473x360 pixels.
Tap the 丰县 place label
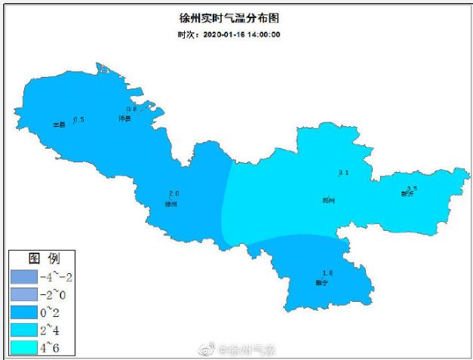pos(58,125)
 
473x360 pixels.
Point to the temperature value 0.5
pos(78,120)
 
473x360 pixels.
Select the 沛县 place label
pos(125,119)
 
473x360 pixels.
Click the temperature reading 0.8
pos(131,109)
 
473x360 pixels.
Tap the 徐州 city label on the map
pos(171,204)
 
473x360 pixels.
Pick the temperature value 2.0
pos(174,194)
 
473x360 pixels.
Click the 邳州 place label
pos(328,200)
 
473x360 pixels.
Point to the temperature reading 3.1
pos(343,174)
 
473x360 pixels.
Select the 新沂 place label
pos(407,194)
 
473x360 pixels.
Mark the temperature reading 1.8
pos(327,272)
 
